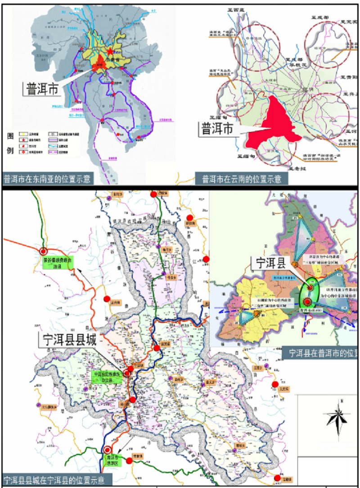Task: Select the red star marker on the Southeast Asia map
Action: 110,51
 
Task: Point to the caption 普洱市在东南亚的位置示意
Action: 47,179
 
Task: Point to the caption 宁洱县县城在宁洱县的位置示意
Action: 57,479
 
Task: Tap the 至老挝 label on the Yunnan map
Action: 297,169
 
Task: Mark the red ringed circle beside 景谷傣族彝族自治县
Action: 43,252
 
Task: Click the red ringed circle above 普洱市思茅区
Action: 107,450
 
